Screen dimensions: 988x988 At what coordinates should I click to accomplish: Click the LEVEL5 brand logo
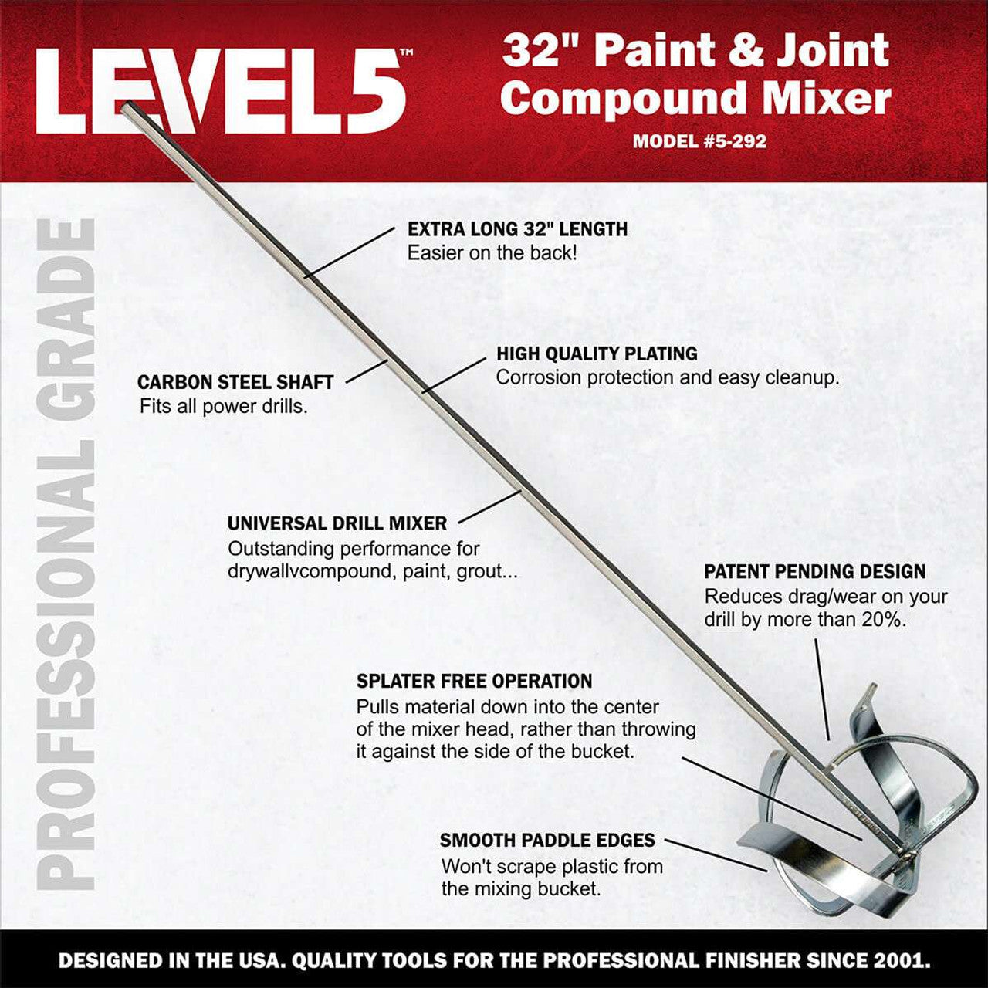(x=220, y=91)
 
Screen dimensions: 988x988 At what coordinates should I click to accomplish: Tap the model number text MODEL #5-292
(x=699, y=142)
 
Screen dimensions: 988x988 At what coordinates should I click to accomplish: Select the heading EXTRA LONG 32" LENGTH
(x=517, y=229)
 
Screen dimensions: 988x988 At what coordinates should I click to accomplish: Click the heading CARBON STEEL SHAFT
(x=235, y=382)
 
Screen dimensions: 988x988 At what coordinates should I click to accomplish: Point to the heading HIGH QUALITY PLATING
(x=597, y=354)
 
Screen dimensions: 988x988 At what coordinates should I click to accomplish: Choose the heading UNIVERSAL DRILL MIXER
(x=337, y=523)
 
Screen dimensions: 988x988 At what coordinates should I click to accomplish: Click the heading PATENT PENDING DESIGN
(x=814, y=572)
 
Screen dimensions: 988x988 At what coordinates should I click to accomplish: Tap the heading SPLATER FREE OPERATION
(x=474, y=682)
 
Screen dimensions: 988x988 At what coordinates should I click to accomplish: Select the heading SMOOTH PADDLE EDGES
(x=547, y=841)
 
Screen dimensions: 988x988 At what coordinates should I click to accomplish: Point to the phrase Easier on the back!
(x=492, y=253)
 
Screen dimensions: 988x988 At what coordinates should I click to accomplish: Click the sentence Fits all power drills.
(x=224, y=407)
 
